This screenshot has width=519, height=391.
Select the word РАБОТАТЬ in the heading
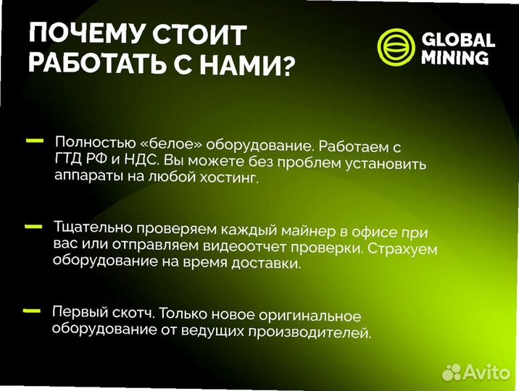(x=105, y=66)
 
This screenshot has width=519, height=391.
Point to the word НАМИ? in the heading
(x=253, y=67)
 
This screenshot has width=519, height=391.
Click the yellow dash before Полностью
(x=33, y=141)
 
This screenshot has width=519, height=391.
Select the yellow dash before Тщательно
(x=33, y=227)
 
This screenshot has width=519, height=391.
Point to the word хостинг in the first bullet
(x=233, y=179)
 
